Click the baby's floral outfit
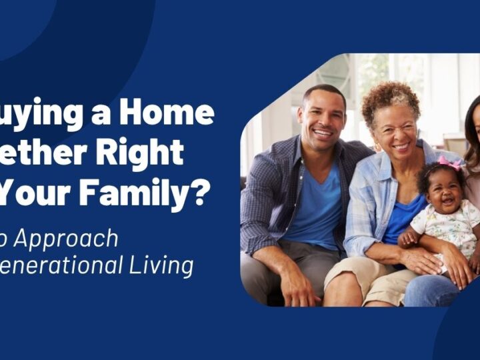coord(451,223)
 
